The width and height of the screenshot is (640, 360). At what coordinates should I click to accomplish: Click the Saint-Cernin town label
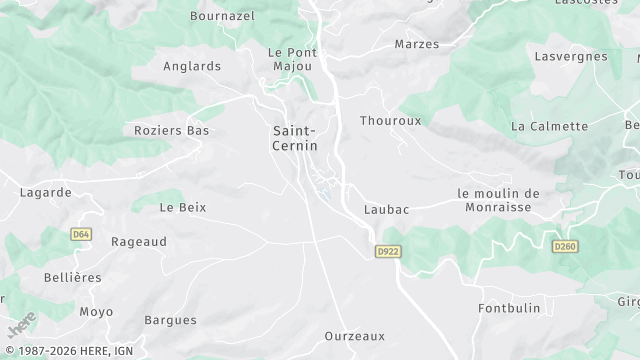pyautogui.click(x=295, y=138)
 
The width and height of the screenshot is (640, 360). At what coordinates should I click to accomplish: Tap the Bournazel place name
pyautogui.click(x=222, y=16)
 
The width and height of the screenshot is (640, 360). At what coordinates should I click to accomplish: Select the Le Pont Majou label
pyautogui.click(x=292, y=59)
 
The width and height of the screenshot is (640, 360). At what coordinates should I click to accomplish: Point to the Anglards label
pyautogui.click(x=191, y=67)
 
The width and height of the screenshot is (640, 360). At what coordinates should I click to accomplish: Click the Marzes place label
pyautogui.click(x=417, y=45)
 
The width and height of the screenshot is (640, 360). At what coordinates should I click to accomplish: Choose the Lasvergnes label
pyautogui.click(x=572, y=57)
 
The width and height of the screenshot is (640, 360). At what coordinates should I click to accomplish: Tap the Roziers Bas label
pyautogui.click(x=171, y=131)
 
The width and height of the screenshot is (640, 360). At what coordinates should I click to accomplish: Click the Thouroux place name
pyautogui.click(x=391, y=120)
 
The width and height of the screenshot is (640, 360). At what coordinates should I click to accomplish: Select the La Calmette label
pyautogui.click(x=549, y=127)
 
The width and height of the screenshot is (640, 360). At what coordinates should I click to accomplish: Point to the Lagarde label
pyautogui.click(x=46, y=192)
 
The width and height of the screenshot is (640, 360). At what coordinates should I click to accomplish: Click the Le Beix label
pyautogui.click(x=182, y=207)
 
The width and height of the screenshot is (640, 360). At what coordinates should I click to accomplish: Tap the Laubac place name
pyautogui.click(x=385, y=210)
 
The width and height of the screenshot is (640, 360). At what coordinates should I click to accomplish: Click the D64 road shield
pyautogui.click(x=81, y=234)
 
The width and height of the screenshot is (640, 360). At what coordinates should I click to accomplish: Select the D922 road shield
pyautogui.click(x=389, y=251)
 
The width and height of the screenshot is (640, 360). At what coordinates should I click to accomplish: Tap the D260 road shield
pyautogui.click(x=566, y=245)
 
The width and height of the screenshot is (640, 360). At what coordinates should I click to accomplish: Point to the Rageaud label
pyautogui.click(x=138, y=241)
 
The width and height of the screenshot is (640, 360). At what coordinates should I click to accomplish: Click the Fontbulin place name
pyautogui.click(x=510, y=307)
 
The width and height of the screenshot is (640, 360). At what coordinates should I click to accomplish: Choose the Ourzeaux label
pyautogui.click(x=355, y=336)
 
